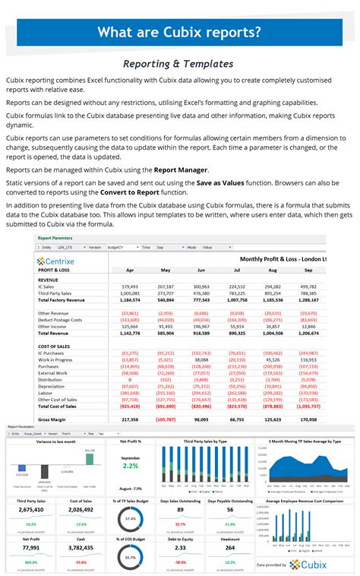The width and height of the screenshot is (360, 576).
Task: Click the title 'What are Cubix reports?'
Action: pyautogui.click(x=180, y=32)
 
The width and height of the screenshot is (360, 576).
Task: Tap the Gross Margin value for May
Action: pyautogui.click(x=165, y=419)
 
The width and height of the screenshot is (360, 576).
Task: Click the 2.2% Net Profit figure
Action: pyautogui.click(x=130, y=465)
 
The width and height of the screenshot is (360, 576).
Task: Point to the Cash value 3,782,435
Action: pyautogui.click(x=81, y=546)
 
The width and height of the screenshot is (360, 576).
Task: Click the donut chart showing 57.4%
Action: pyautogui.click(x=130, y=519)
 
